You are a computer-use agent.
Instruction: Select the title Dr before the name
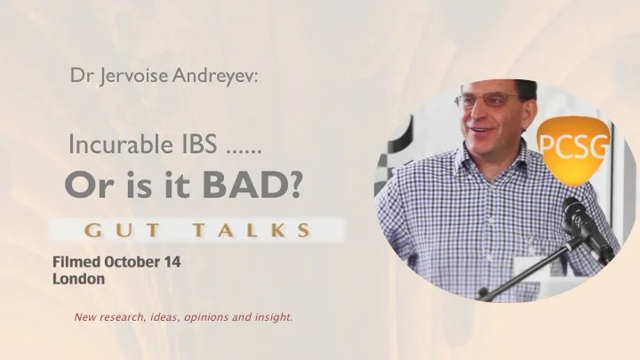(81, 76)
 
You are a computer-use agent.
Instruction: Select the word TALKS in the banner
(252, 230)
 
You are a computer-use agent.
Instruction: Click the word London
(78, 278)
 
